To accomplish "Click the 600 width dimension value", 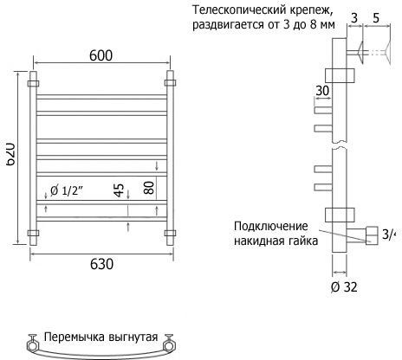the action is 100,55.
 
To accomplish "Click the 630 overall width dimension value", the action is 101,264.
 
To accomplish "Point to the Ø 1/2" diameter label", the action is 67,190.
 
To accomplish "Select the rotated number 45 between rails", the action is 119,190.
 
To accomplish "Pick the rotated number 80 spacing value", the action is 149,188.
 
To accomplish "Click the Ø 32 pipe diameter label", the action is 344,286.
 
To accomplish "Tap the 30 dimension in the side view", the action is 322,91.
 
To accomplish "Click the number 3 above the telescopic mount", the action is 354,18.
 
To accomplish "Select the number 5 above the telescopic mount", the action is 376,18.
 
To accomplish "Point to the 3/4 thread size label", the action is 388,235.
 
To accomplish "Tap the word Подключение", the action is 271,226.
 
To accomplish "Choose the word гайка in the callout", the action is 303,241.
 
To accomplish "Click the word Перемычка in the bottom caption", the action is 75,337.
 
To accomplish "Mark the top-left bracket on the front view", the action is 33,84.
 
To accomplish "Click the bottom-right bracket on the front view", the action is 170,233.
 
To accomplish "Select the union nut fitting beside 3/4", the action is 372,235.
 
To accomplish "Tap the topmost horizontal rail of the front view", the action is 101,97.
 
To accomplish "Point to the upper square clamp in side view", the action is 340,75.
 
